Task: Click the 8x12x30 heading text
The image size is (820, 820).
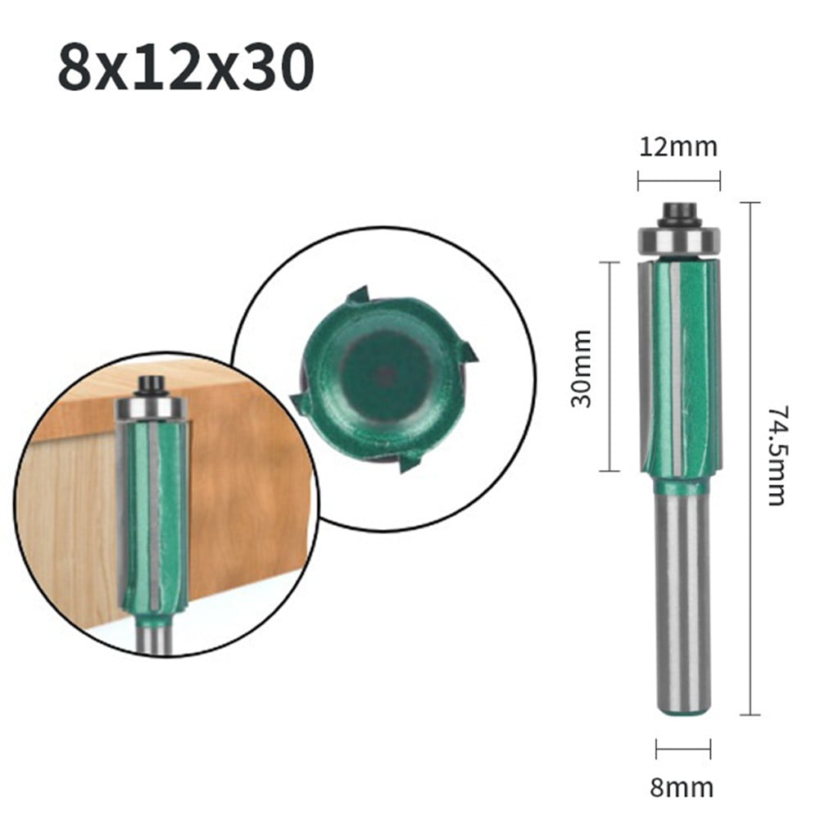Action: pos(185,69)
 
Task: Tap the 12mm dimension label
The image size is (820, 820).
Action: pos(678,147)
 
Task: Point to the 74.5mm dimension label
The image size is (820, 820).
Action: pos(777,455)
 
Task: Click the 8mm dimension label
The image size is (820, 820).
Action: pos(682,788)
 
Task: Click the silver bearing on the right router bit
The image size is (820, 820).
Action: pos(679,240)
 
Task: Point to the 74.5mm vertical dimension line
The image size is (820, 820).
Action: pos(750,459)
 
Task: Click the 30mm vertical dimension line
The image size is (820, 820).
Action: pos(609,366)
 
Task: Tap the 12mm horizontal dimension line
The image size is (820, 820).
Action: pos(678,181)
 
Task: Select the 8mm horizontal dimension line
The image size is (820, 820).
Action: pos(682,747)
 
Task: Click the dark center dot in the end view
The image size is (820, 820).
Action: pos(383,374)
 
